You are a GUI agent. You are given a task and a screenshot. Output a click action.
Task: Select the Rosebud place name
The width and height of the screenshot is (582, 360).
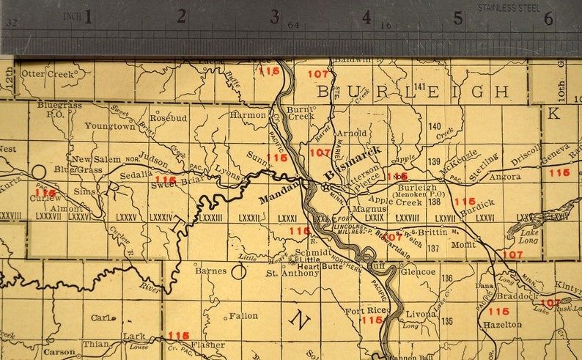[x=169, y=117]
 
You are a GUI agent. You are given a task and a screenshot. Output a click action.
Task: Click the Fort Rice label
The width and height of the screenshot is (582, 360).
[x=361, y=311]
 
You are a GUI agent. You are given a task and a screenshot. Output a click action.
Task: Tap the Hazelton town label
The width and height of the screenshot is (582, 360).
[x=503, y=323]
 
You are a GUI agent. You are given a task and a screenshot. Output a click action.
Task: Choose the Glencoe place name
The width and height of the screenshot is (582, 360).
[x=419, y=272]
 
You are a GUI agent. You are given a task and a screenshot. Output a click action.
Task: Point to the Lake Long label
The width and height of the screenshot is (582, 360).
[x=528, y=236]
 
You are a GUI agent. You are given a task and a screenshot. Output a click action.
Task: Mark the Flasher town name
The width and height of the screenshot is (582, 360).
[x=207, y=345]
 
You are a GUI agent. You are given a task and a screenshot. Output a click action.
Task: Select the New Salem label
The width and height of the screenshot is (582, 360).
[x=96, y=159]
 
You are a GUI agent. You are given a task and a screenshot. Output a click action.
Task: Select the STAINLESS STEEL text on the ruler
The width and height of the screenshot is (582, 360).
[x=508, y=7]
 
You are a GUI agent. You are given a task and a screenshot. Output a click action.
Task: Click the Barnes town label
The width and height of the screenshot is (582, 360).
[x=210, y=271]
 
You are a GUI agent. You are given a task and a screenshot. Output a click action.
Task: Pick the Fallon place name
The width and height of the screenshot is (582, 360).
[x=243, y=316]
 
